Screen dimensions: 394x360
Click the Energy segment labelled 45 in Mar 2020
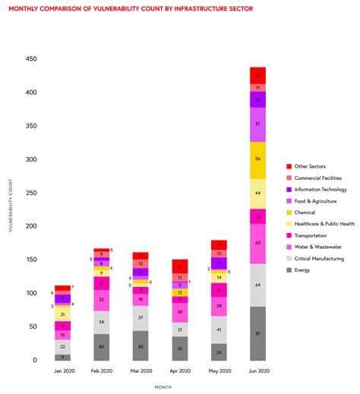tap(140, 345)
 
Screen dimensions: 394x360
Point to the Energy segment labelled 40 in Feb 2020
tap(102, 347)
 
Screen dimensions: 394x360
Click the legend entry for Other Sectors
tap(313, 165)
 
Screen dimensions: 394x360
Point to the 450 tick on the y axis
tap(31, 59)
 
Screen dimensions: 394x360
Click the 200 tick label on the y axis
tap(31, 226)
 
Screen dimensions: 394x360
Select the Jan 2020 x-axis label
tap(64, 371)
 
